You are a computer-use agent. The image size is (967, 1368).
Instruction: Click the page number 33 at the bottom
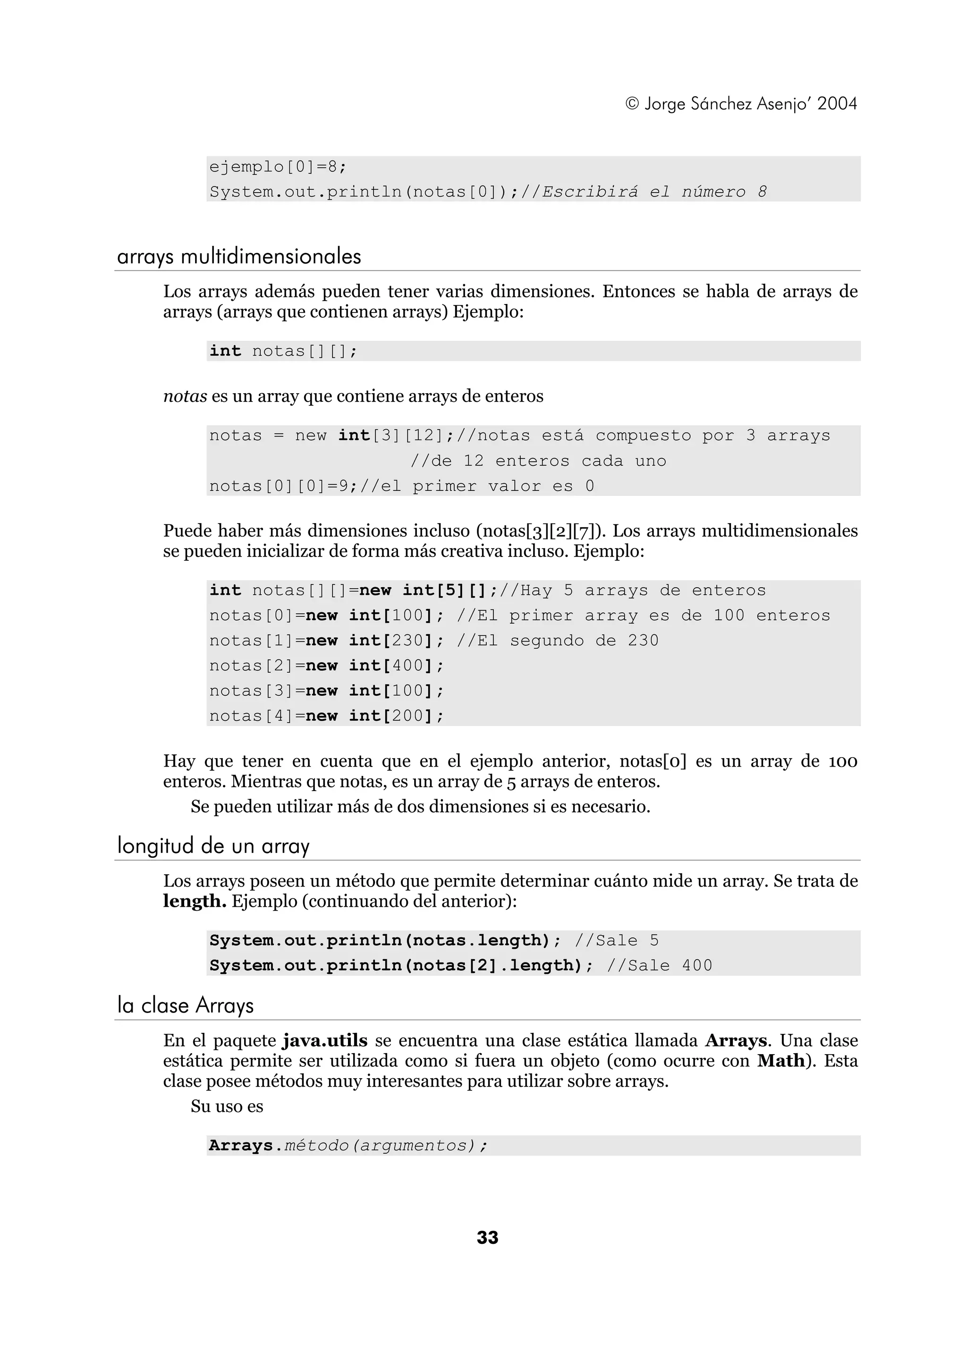pyautogui.click(x=487, y=1238)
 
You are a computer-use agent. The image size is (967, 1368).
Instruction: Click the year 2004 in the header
pyautogui.click(x=837, y=104)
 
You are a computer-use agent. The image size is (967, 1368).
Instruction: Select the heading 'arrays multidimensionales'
pyautogui.click(x=239, y=257)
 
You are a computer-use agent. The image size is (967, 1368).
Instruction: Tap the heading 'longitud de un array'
pyautogui.click(x=213, y=846)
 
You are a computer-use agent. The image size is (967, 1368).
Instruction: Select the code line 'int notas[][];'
pyautogui.click(x=283, y=351)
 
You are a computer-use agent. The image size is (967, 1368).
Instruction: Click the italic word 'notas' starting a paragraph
pyautogui.click(x=185, y=396)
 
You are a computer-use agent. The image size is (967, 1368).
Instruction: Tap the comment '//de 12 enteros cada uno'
pyautogui.click(x=538, y=461)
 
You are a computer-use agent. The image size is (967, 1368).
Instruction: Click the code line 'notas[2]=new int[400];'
pyautogui.click(x=326, y=666)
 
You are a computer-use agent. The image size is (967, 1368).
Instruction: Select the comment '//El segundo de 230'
pyautogui.click(x=557, y=641)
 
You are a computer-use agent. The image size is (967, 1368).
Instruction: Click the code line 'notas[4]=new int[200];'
pyautogui.click(x=326, y=716)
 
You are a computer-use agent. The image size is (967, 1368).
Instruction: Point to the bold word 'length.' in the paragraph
pyautogui.click(x=194, y=901)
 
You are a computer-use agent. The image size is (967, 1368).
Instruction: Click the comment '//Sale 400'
pyautogui.click(x=659, y=965)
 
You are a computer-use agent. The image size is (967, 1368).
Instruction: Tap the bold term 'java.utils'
pyautogui.click(x=325, y=1041)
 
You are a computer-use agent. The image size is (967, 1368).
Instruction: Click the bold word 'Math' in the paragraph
pyautogui.click(x=780, y=1061)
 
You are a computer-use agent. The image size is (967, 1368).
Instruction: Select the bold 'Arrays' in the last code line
pyautogui.click(x=241, y=1145)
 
